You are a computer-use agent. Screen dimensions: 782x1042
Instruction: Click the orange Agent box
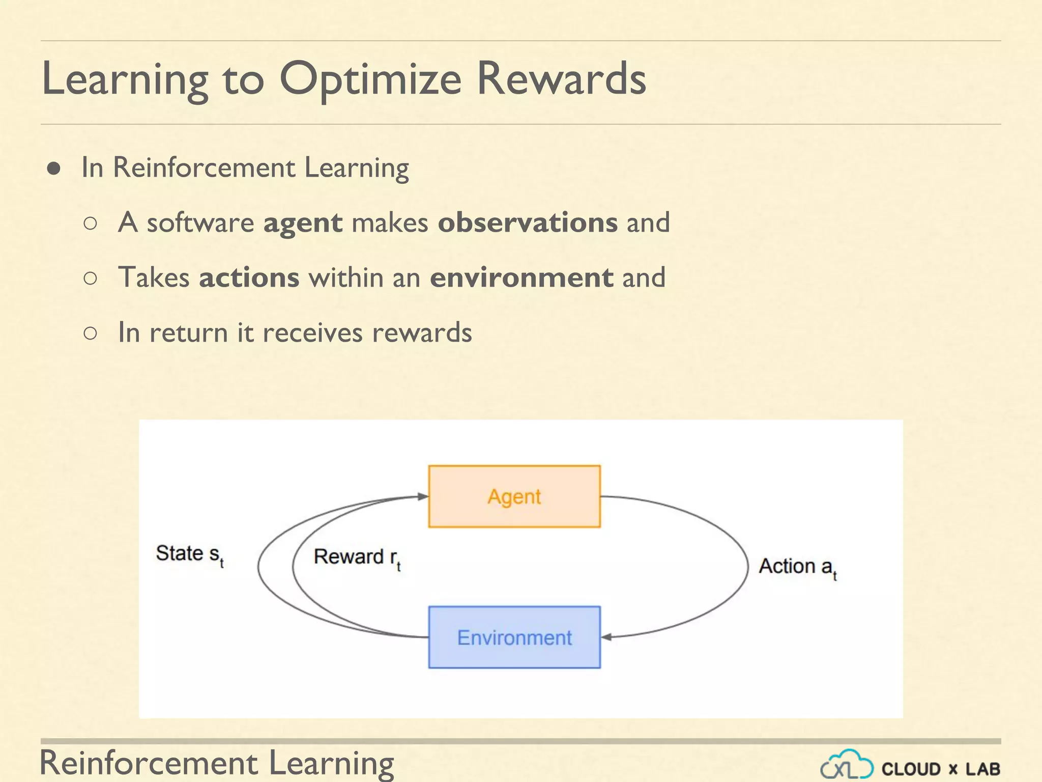514,496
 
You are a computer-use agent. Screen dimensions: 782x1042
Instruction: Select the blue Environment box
514,637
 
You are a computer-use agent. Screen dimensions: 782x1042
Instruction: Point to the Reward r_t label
357,557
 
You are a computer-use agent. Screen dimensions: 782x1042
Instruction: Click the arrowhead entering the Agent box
422,496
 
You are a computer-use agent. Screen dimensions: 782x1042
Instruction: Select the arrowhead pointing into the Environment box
607,637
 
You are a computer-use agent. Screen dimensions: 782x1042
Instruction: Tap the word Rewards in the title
561,79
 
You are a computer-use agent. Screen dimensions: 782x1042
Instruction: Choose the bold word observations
528,222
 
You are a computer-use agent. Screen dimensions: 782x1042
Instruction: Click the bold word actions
249,277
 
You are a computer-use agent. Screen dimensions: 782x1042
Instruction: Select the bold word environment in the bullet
522,277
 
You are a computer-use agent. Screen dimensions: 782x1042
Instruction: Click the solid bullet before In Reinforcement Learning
54,169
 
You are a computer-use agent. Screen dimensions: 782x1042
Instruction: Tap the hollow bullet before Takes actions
90,278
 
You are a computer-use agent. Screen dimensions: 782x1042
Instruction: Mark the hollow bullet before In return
90,333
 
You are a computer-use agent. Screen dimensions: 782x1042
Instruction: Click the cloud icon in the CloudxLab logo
847,765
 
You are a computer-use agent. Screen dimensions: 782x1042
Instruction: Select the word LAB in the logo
982,769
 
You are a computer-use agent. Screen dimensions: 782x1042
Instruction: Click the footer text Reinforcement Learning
217,763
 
